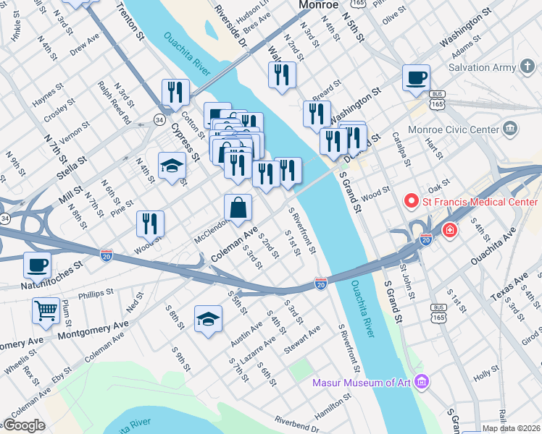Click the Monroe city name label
pos(319,5)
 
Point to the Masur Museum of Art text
pos(364,382)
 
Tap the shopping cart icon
pos(46,311)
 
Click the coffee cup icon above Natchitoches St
pos(38,265)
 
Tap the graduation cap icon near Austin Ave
pos(208,319)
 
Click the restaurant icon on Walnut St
pos(282,75)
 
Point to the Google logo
pos(24,425)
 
